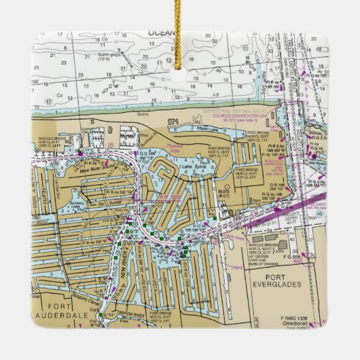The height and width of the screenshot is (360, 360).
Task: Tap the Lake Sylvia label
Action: point(192,166)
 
